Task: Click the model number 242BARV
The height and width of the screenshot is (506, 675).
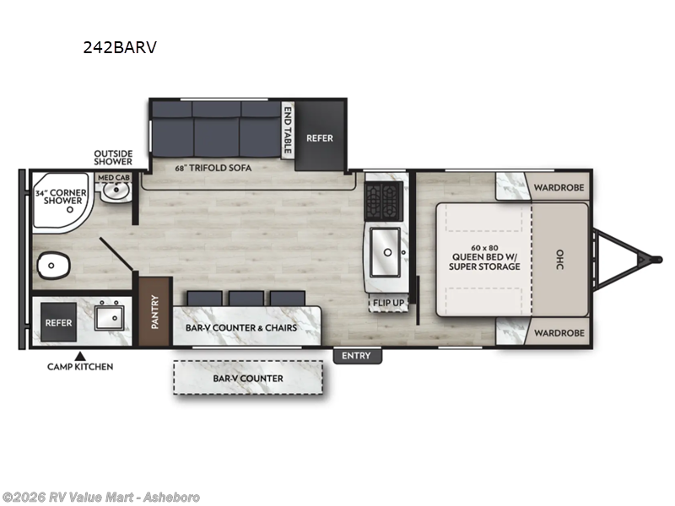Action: [119, 48]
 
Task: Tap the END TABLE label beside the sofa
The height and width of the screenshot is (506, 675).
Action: [287, 126]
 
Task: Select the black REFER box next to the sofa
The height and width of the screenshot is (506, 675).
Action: [320, 137]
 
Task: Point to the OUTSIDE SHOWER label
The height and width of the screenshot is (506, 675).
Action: [113, 157]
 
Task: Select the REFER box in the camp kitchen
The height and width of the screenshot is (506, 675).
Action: [58, 322]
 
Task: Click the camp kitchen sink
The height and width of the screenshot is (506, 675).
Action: [111, 319]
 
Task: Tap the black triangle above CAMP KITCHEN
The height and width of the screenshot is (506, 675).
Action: [81, 356]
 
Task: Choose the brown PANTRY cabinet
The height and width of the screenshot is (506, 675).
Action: [155, 311]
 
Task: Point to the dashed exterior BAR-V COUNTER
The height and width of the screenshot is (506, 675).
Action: [248, 378]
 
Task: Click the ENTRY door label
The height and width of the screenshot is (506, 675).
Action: [356, 356]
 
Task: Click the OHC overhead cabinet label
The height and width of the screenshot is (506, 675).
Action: [559, 260]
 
